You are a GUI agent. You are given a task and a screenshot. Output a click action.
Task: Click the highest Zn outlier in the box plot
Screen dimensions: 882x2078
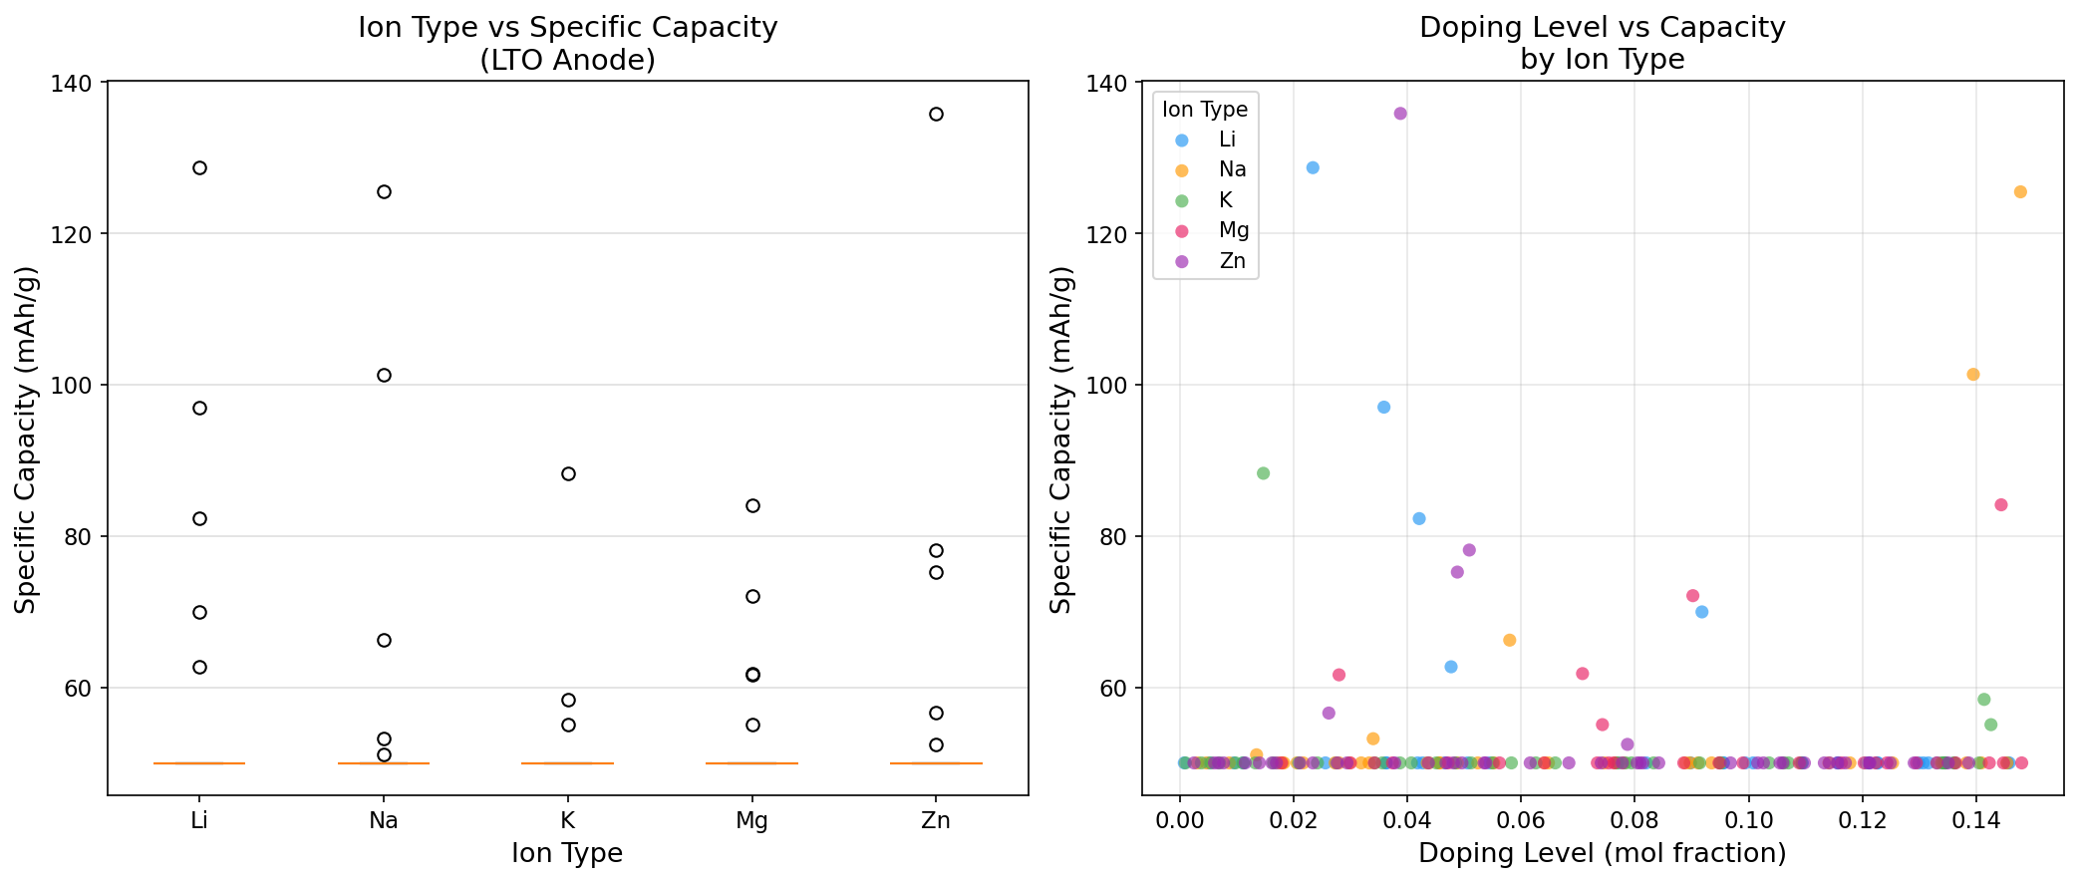click(936, 115)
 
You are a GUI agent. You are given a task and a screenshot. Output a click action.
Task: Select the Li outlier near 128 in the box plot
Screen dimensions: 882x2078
click(199, 167)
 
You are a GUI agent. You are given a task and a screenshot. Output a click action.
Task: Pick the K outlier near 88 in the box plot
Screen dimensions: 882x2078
click(568, 473)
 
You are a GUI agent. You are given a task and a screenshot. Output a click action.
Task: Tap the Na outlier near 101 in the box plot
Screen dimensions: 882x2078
click(384, 375)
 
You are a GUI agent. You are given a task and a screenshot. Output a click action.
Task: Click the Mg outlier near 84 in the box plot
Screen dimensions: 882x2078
click(752, 505)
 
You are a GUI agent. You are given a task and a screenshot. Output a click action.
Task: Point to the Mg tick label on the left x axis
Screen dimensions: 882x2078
click(752, 821)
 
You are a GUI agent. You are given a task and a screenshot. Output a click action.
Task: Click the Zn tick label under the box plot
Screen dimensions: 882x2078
click(936, 821)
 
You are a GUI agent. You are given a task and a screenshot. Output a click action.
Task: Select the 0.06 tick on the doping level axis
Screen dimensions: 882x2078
click(1520, 821)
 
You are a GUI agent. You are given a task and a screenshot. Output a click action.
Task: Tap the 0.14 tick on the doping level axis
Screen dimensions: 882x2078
click(1975, 821)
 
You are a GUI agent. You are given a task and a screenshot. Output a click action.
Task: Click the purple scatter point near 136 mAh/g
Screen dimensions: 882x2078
click(1400, 114)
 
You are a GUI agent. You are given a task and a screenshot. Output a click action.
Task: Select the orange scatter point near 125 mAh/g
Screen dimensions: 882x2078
click(2020, 191)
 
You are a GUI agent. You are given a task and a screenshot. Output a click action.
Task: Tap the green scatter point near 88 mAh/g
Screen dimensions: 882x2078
click(1263, 473)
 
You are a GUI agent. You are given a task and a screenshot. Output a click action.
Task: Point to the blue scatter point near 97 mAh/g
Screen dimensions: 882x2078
click(1383, 407)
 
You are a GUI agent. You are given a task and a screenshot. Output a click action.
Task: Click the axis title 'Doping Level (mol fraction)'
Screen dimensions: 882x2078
click(1602, 854)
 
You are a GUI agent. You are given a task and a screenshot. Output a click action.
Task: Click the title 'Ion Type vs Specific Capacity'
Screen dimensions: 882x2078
click(567, 28)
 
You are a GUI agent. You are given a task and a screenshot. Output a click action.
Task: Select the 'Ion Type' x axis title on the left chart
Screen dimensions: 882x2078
click(567, 854)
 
